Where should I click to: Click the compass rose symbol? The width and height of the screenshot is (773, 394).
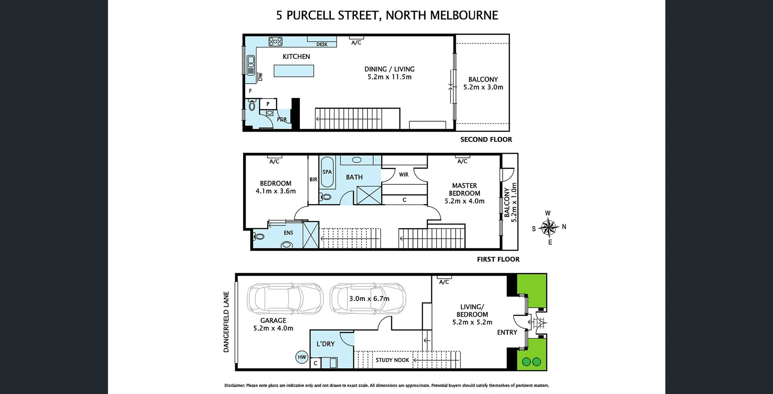548,228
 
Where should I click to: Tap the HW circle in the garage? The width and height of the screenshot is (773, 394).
302,357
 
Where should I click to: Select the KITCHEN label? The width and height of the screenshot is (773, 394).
296,57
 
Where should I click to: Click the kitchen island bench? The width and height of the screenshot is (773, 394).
293,71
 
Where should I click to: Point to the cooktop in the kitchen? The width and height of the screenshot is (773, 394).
275,41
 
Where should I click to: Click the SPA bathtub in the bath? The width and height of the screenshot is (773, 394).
327,172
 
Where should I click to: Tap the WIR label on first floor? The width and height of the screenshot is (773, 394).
404,175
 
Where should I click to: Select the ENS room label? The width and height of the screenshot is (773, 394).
288,233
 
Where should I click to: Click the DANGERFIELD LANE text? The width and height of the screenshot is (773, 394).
226,322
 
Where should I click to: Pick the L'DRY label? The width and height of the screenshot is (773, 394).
325,344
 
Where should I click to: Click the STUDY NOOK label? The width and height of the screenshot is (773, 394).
392,360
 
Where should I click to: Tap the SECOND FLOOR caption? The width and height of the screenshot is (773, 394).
486,140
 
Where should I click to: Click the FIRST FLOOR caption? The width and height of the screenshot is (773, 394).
498,260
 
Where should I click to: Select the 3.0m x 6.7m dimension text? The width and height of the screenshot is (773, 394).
369,299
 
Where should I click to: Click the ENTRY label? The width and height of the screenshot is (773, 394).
507,332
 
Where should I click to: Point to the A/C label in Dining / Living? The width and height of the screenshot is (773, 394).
356,43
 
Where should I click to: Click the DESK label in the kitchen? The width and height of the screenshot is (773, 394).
322,45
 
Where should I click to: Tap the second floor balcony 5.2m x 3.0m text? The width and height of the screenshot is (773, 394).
483,87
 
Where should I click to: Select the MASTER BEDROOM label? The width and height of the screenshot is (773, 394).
465,190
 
